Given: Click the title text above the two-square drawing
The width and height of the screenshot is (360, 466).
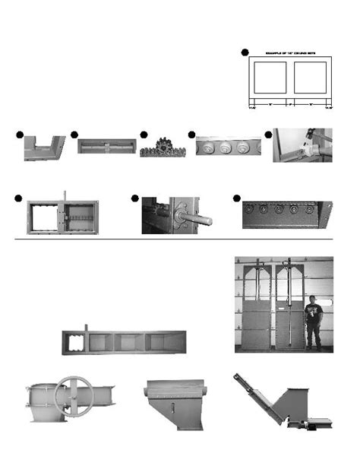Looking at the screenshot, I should [289, 53].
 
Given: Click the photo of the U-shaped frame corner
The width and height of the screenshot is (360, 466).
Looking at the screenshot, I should [44, 147].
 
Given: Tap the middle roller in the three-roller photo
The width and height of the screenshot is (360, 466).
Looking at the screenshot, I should [226, 147].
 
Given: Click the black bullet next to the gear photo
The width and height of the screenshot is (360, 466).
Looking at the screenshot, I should [144, 135].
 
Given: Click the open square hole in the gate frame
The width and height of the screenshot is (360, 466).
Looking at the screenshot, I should [46, 215].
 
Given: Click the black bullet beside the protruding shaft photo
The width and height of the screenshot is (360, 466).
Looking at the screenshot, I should [134, 198].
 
